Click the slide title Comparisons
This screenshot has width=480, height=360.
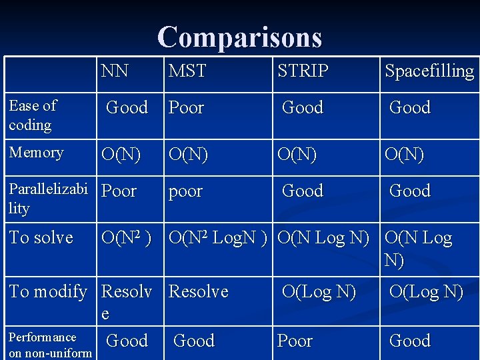pos(240,37)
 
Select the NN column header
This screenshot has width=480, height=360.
pos(115,71)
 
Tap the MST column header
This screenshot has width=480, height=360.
pos(187,71)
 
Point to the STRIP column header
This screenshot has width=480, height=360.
pos(303,71)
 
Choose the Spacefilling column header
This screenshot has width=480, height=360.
pos(429,71)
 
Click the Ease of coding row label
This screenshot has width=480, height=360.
pos(33,115)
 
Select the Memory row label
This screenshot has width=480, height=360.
pos(37,153)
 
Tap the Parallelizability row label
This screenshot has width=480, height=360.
pos(48,199)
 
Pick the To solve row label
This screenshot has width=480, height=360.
pos(41,238)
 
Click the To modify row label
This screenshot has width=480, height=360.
pos(49,292)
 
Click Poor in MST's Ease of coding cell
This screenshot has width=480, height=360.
pos(187,108)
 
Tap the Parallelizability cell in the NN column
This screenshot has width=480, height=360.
pos(119,191)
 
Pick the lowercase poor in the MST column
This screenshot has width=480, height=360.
pos(185,192)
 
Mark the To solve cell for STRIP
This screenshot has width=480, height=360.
pos(323,238)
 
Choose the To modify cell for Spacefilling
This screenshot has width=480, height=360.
pos(426,292)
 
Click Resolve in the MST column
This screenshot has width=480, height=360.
pos(199,292)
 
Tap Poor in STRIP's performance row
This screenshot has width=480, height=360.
pos(295,341)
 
